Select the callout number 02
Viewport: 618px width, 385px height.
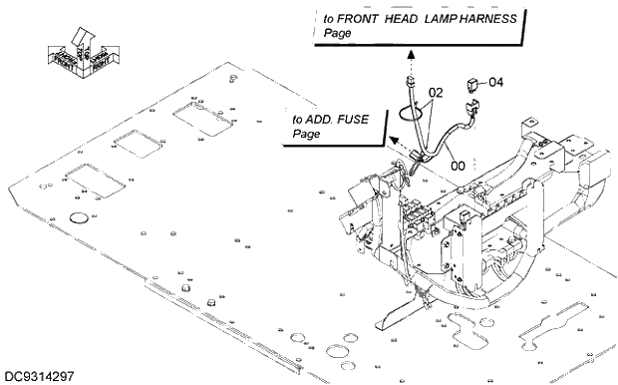[x=436, y=91]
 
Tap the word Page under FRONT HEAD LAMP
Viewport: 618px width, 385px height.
[x=338, y=34]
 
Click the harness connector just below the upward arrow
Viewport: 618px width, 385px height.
[x=409, y=80]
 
